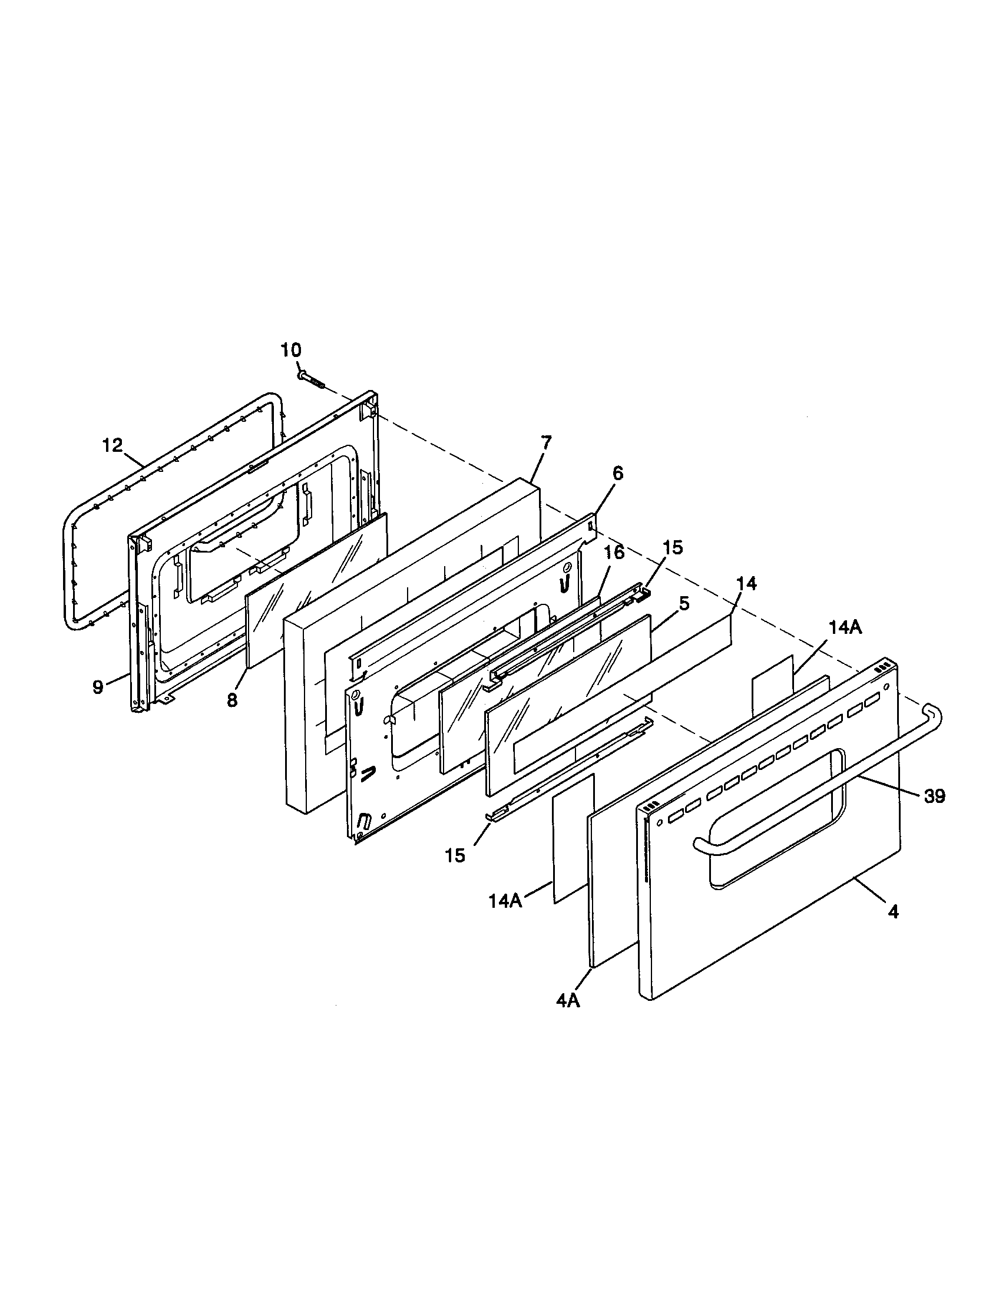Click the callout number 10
point(290,349)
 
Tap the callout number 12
point(112,444)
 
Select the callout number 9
point(98,687)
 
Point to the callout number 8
point(232,700)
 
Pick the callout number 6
point(618,473)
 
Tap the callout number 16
point(614,553)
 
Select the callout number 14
point(747,583)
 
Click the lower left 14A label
point(505,917)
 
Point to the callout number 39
point(934,796)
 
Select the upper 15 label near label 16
point(673,547)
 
